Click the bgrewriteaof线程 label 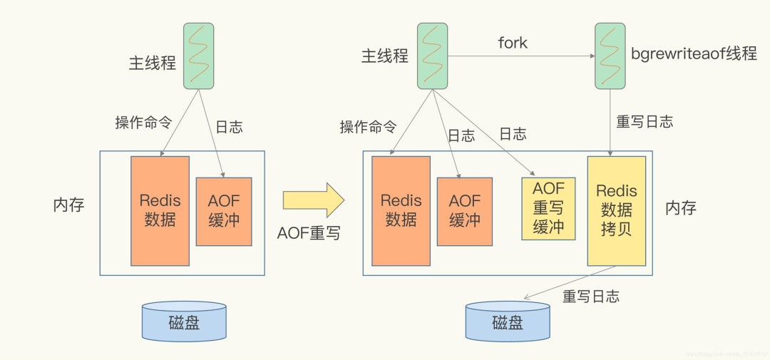[x=694, y=54]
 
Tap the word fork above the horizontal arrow [x=512, y=43]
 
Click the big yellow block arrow [x=314, y=200]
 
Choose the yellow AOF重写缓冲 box [x=548, y=208]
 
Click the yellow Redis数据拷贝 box [x=616, y=210]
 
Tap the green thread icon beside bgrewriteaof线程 [x=610, y=56]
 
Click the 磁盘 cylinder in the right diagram [x=508, y=322]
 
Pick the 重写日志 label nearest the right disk [x=590, y=296]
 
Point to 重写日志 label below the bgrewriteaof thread [x=644, y=121]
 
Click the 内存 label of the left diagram [x=68, y=205]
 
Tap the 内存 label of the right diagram [x=680, y=207]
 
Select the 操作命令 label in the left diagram [x=143, y=122]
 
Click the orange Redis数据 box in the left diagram [x=160, y=210]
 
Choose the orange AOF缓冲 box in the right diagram [x=465, y=211]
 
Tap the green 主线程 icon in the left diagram [x=198, y=56]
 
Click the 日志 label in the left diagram [x=229, y=127]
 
